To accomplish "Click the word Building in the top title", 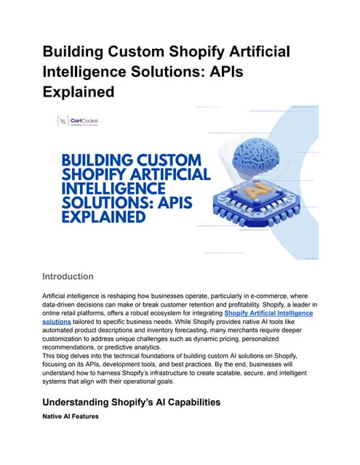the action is coord(79,52).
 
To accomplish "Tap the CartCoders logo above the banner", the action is coord(81,121).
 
